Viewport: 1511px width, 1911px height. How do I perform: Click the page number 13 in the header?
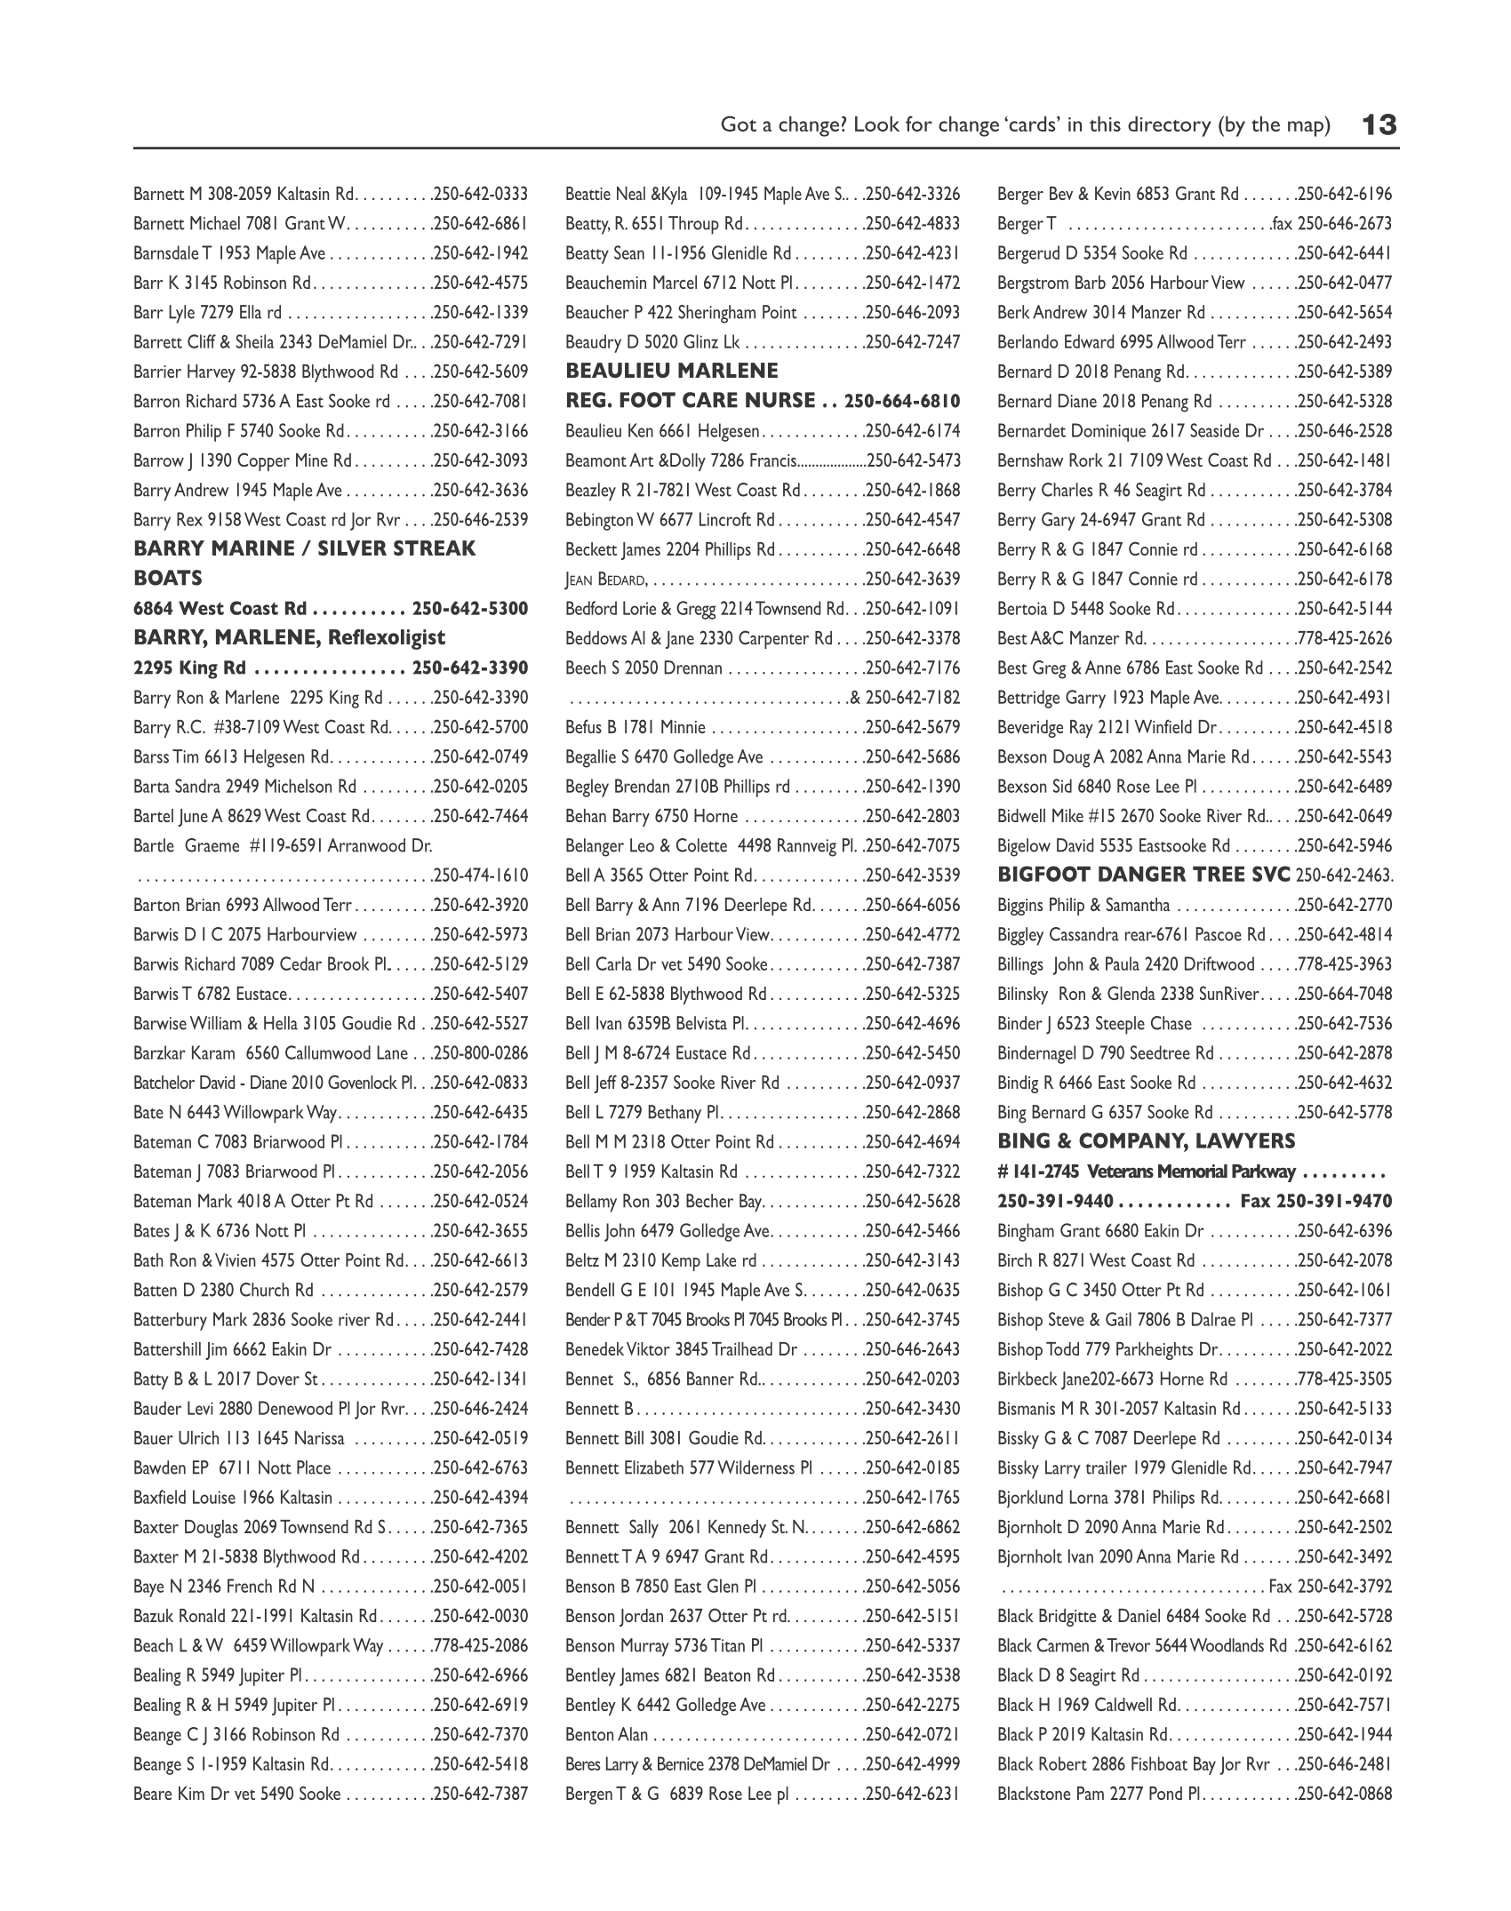[1379, 124]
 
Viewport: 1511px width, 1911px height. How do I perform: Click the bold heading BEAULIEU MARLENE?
[671, 371]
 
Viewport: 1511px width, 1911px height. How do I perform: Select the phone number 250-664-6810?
[902, 401]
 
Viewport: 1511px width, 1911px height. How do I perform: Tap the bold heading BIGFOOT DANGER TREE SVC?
[1144, 875]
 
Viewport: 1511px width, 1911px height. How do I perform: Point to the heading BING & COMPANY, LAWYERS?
[1146, 1141]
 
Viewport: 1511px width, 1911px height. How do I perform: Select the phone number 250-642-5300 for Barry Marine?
[470, 609]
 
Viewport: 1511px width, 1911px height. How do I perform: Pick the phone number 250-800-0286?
[481, 1053]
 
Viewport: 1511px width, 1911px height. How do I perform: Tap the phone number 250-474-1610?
[481, 876]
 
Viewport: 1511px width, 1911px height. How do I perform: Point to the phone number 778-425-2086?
[481, 1645]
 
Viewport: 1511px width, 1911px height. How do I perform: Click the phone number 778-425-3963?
[1345, 964]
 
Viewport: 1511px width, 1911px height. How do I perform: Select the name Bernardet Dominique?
[1072, 431]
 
